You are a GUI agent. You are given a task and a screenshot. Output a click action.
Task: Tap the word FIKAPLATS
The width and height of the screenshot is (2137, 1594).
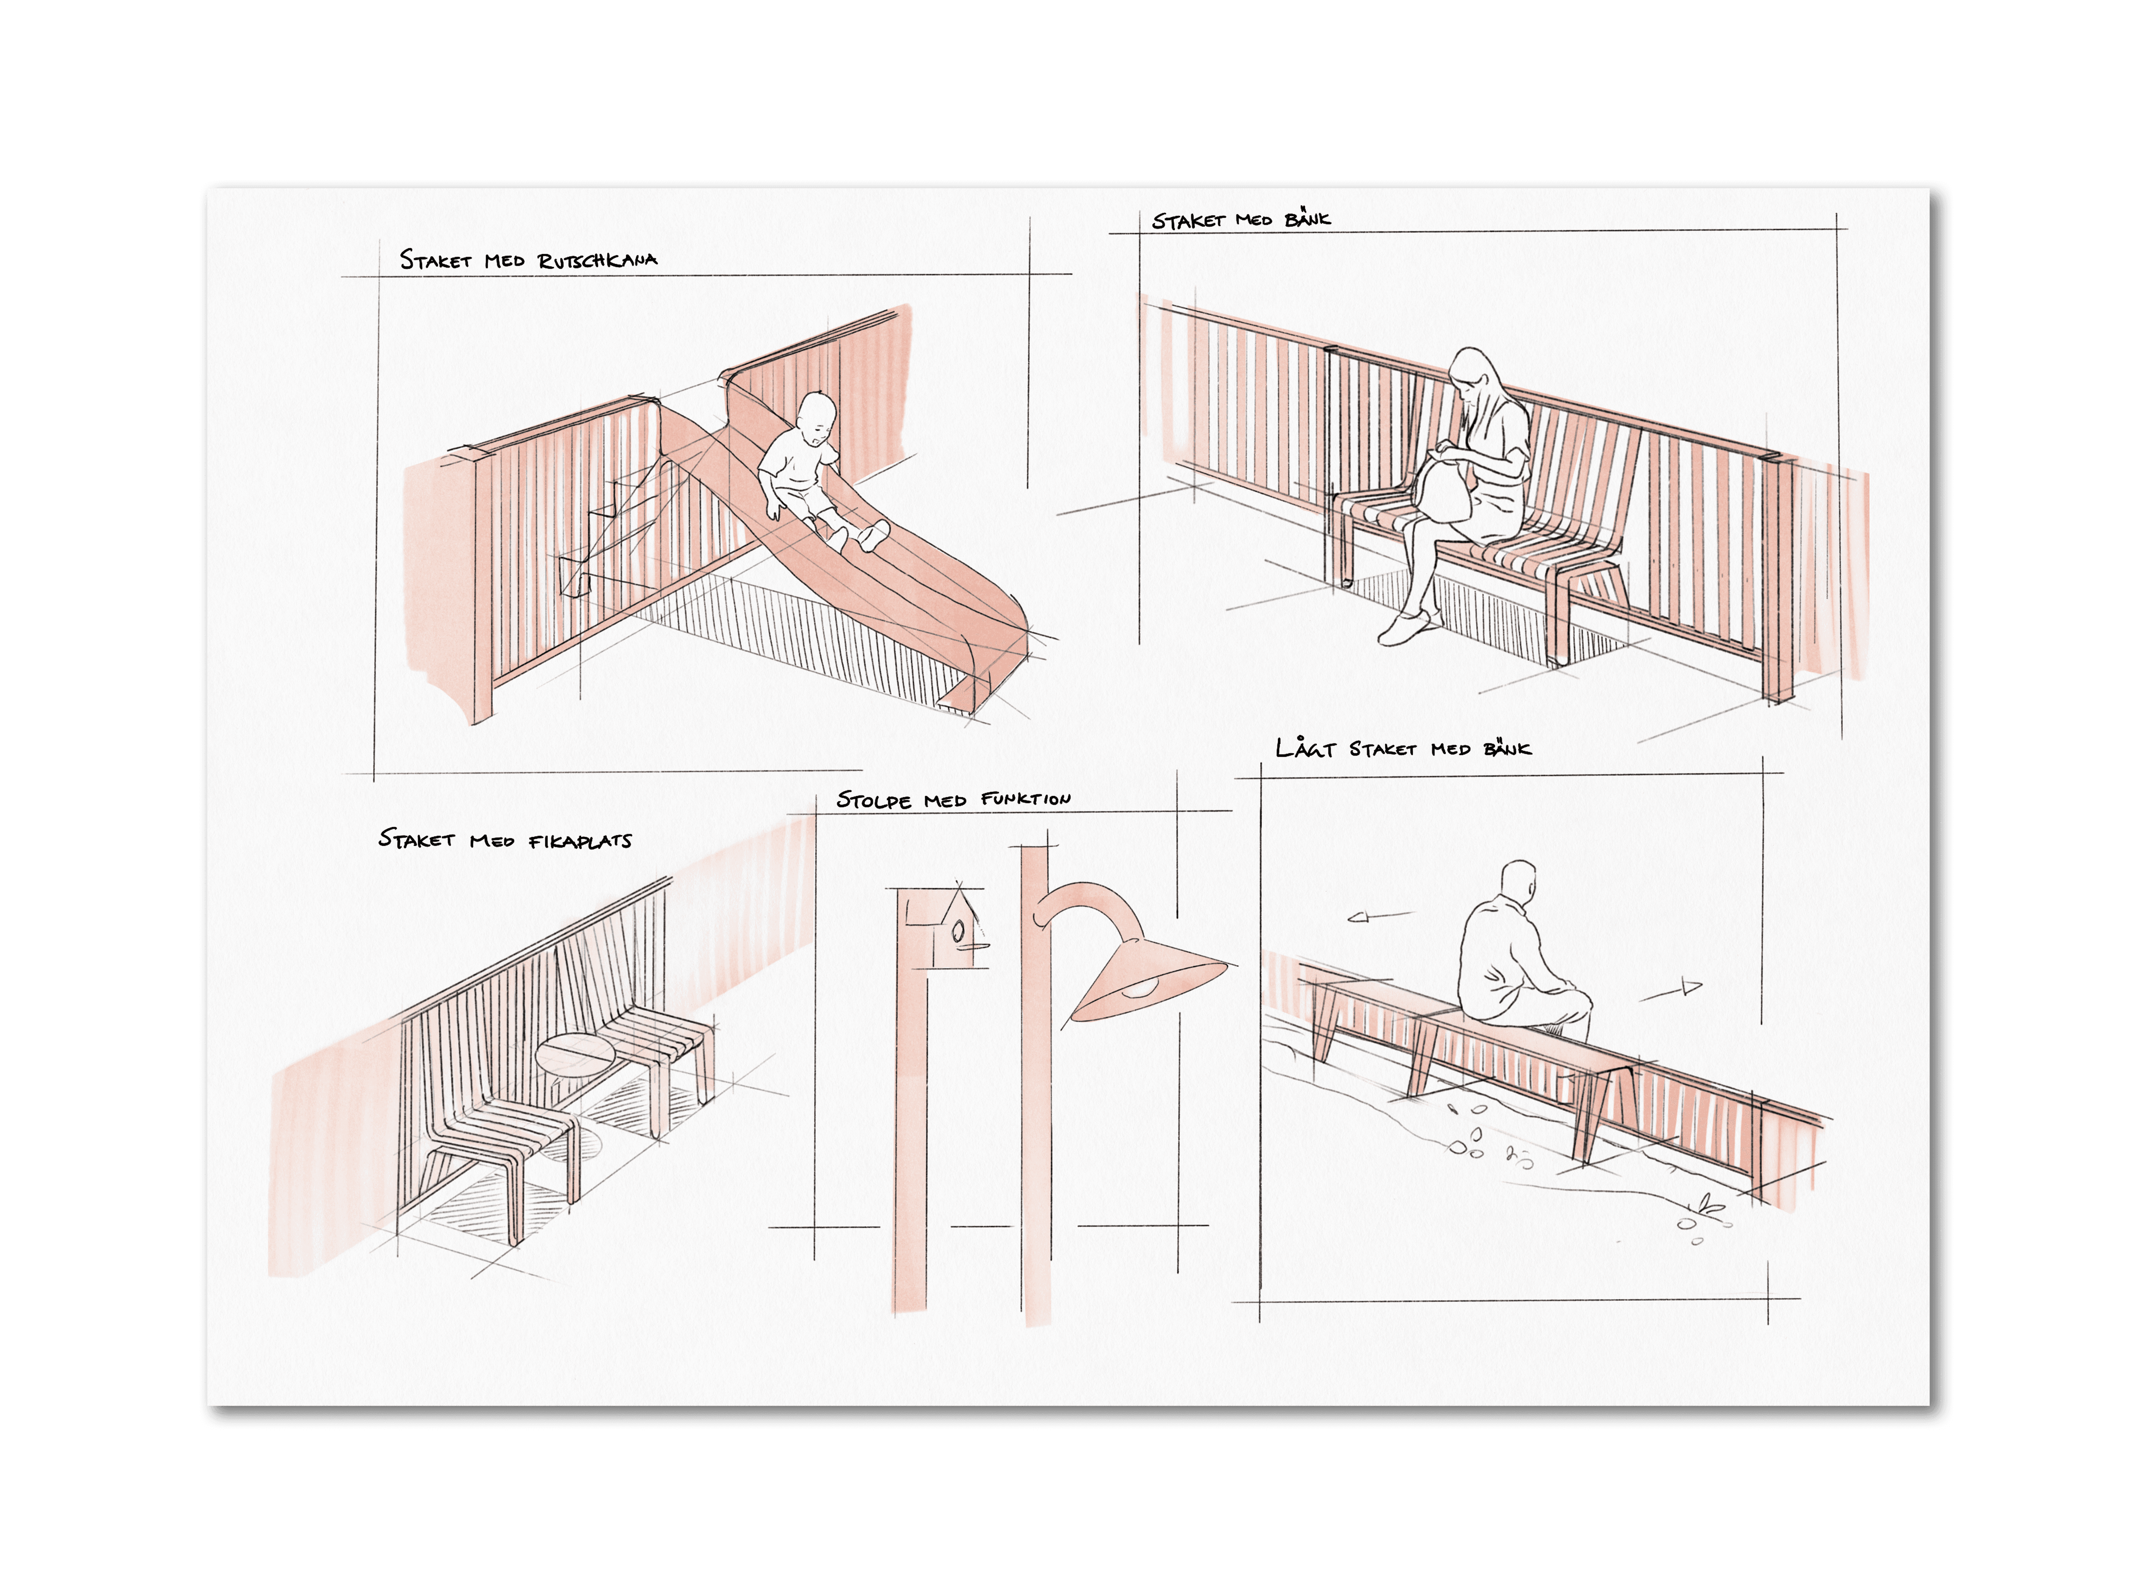580,841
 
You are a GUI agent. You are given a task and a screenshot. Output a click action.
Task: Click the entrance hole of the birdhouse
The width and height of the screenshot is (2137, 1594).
958,932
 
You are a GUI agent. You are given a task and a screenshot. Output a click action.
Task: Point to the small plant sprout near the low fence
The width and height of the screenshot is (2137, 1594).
1710,1205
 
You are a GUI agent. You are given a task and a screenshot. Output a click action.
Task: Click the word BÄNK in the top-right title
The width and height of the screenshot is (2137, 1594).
1308,219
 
